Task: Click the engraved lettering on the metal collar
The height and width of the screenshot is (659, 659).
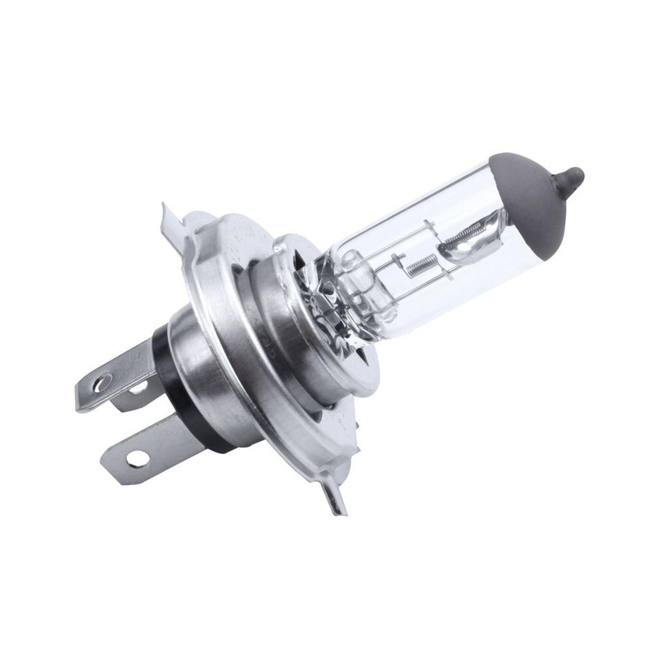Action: (264, 316)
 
